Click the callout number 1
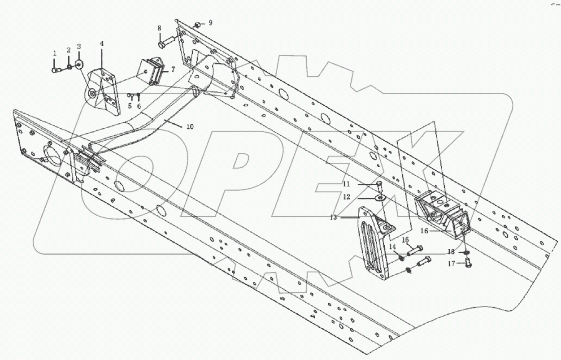pyautogui.click(x=55, y=53)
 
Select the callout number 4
pyautogui.click(x=101, y=43)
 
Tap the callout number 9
pyautogui.click(x=211, y=22)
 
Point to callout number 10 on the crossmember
pyautogui.click(x=190, y=127)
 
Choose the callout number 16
pyautogui.click(x=424, y=231)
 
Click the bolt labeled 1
pyautogui.click(x=56, y=69)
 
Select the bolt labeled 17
pyautogui.click(x=466, y=264)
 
